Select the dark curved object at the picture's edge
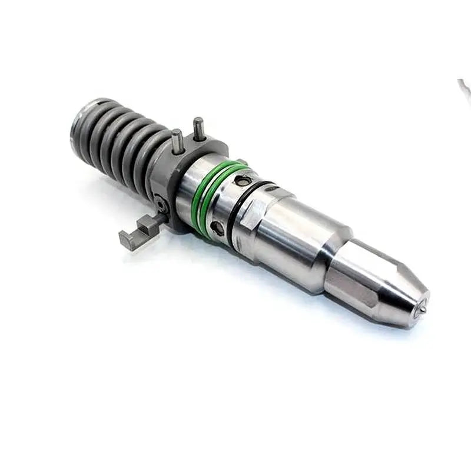(x=465, y=88)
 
